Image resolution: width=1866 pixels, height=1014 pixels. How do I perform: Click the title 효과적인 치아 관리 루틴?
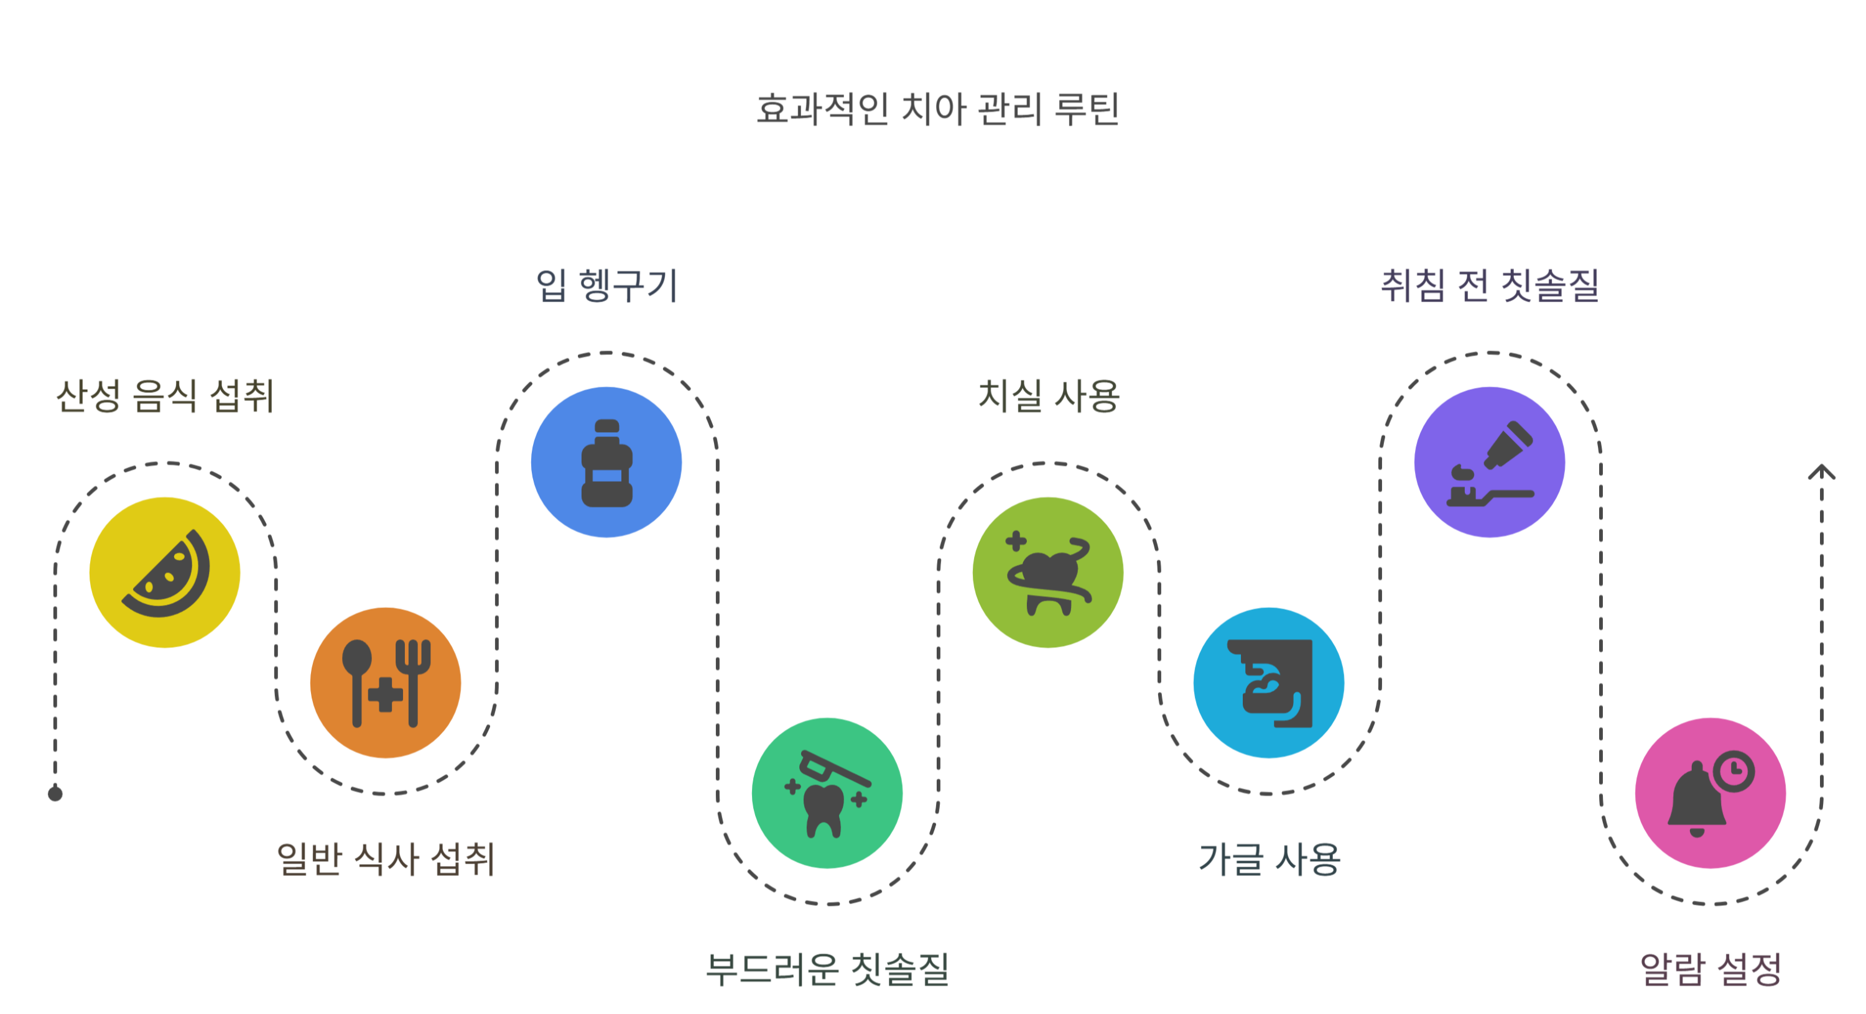937,109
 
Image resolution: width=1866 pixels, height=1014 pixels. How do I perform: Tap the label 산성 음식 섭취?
165,396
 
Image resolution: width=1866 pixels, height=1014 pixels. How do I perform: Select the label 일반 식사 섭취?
386,860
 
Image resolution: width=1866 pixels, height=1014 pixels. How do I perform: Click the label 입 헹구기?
607,285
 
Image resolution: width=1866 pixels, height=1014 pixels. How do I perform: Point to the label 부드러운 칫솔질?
827,970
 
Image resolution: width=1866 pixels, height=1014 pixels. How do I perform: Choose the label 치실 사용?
1048,396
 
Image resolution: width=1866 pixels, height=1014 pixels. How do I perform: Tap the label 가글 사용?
1269,860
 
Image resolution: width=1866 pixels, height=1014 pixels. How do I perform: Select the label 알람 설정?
1710,970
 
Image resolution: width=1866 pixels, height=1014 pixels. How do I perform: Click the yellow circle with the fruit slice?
165,572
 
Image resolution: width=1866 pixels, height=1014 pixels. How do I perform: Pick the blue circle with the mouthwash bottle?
607,462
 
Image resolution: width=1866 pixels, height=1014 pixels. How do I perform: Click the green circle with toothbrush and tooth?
827,793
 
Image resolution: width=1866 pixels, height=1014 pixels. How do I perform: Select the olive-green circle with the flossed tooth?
1048,572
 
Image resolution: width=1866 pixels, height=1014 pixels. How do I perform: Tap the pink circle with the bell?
1710,793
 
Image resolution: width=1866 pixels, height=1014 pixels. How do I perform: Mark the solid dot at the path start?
55,794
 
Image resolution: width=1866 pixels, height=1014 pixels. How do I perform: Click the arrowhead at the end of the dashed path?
1821,473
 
